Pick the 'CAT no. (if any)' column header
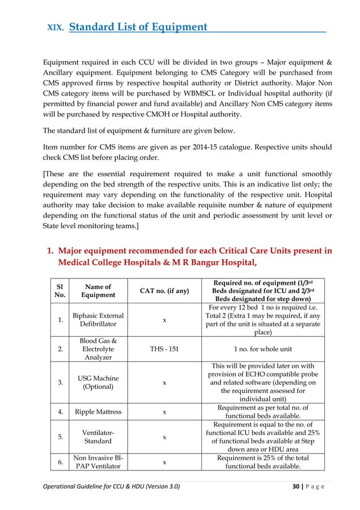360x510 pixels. pyautogui.click(x=164, y=290)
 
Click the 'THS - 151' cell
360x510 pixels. pyautogui.click(x=164, y=348)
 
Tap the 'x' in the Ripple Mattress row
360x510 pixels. pyautogui.click(x=164, y=412)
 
